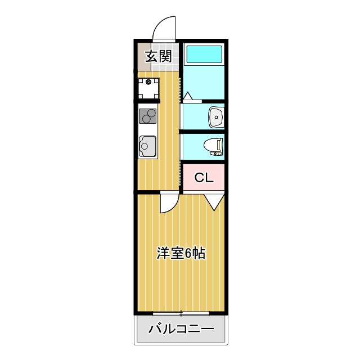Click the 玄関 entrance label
point(159,56)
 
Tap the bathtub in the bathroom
point(204,55)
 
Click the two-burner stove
point(148,118)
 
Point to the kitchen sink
point(148,146)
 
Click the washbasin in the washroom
point(216,117)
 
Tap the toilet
point(213,146)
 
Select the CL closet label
point(204,178)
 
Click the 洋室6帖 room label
point(180,253)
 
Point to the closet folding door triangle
point(214,201)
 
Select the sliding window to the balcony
point(181,312)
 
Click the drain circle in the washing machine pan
point(149,82)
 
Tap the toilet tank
point(221,146)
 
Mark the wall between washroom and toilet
point(202,132)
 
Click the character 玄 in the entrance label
point(151,56)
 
